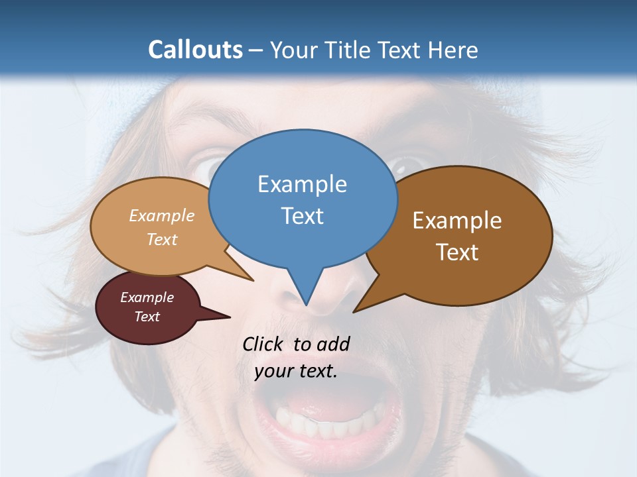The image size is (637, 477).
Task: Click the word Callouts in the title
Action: (195, 50)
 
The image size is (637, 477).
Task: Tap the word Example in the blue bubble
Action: (303, 184)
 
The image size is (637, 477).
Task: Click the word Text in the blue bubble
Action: (303, 216)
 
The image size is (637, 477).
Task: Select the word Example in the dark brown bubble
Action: (457, 221)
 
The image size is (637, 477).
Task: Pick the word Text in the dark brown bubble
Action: (457, 252)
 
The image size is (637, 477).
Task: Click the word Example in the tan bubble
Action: (162, 215)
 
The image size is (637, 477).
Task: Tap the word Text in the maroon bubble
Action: (147, 317)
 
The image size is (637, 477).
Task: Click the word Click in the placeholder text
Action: (263, 344)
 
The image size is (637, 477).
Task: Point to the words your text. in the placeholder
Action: (296, 371)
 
